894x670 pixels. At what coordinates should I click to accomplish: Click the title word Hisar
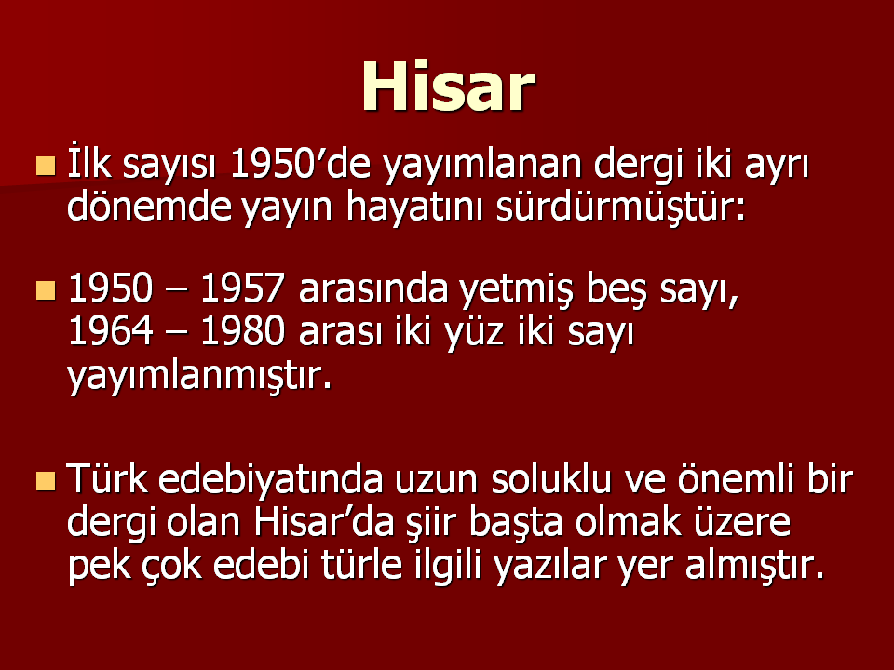coord(448,86)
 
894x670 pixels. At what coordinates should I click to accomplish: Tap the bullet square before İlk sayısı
coord(46,166)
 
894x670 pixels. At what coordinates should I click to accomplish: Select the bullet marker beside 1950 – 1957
coord(46,290)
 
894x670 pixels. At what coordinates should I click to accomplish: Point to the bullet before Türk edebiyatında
coord(46,481)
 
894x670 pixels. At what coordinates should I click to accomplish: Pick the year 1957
coord(242,288)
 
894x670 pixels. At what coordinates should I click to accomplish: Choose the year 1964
coord(110,330)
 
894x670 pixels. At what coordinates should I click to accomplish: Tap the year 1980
coord(242,330)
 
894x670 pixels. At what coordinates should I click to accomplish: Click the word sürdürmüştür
coord(621,208)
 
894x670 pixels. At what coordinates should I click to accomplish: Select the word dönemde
coord(149,207)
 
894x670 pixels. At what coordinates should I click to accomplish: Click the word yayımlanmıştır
coord(199,377)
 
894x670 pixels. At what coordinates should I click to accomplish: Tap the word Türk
coord(107,478)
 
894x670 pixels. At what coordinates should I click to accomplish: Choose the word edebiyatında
coord(270,478)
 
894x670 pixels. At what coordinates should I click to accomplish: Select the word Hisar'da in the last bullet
coord(324,521)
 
